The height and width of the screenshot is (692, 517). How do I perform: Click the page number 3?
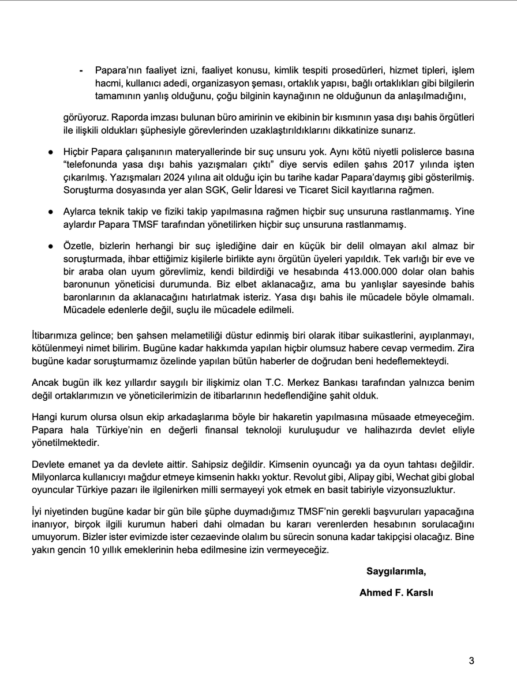(471, 661)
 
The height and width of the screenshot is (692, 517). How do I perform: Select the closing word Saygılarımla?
(396, 572)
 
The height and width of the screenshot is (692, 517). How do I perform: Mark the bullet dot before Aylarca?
(51, 212)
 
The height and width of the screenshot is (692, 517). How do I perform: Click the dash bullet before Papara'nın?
(81, 70)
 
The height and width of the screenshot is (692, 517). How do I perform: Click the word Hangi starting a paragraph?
(42, 415)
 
